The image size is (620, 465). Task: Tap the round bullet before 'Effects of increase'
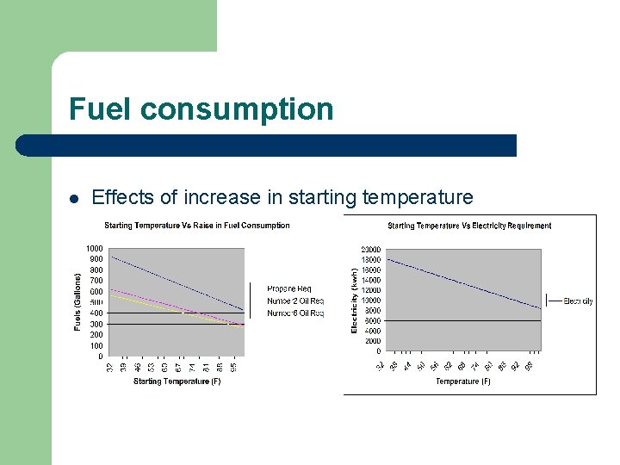pyautogui.click(x=74, y=199)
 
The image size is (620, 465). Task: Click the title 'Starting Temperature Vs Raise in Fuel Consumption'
pyautogui.click(x=197, y=226)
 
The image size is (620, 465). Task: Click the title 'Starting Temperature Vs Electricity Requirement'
pyautogui.click(x=469, y=226)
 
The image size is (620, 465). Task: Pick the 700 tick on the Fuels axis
pyautogui.click(x=96, y=281)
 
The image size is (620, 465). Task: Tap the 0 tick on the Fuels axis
pyautogui.click(x=100, y=356)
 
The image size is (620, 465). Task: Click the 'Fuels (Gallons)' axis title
pyautogui.click(x=77, y=302)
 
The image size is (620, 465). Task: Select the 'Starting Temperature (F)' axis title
pyautogui.click(x=177, y=381)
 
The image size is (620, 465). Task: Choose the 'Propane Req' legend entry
pyautogui.click(x=289, y=288)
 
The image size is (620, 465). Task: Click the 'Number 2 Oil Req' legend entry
pyautogui.click(x=295, y=301)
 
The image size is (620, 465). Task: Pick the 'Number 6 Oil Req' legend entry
pyautogui.click(x=295, y=313)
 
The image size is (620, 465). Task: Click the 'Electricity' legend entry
pyautogui.click(x=578, y=301)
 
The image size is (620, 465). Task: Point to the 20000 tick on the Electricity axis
pyautogui.click(x=370, y=250)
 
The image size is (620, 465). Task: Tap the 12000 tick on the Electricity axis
pyautogui.click(x=370, y=290)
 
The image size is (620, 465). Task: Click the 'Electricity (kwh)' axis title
pyautogui.click(x=355, y=300)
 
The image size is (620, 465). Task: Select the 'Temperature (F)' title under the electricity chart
pyautogui.click(x=463, y=381)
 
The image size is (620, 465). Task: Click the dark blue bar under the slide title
pyautogui.click(x=267, y=146)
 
